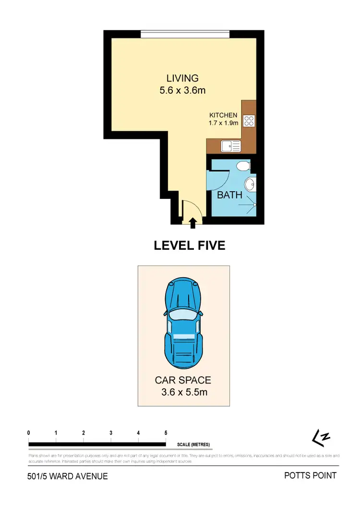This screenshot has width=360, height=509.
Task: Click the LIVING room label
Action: coord(182,78)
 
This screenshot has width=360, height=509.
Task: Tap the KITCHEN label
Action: coord(223,115)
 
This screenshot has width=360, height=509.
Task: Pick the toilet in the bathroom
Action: coord(243,166)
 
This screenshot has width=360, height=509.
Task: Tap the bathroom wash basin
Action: coord(250,184)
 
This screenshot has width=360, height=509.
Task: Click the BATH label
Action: coord(229,195)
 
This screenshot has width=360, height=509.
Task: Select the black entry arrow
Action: coord(193,222)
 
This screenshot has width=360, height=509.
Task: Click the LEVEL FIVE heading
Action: coord(189,245)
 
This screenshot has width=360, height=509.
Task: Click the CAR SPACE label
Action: coord(182,380)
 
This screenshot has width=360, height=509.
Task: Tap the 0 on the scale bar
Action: coord(29,433)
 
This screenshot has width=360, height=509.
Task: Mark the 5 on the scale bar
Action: coord(166,433)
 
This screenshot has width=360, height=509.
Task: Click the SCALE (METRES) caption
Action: coord(193,444)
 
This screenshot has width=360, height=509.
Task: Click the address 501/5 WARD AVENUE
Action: coord(67,477)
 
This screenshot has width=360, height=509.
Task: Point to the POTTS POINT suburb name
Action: coord(310,476)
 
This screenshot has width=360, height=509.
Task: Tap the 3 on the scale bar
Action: coord(111,433)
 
